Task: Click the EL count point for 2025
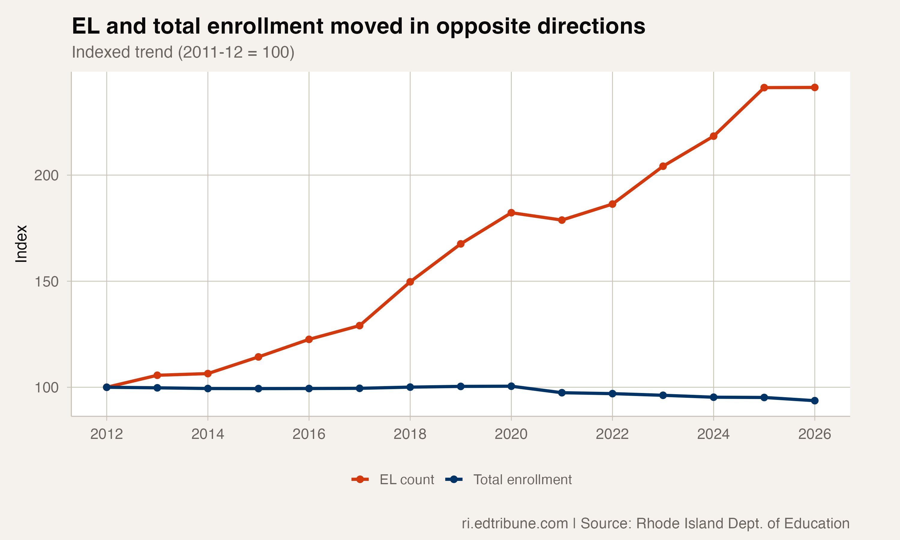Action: (764, 88)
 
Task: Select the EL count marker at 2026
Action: (814, 87)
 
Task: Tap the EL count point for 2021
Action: (562, 220)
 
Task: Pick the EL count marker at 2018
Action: (410, 282)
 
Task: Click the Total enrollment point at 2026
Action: (814, 400)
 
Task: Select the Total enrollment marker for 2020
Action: (511, 386)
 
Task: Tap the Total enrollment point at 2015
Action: (258, 388)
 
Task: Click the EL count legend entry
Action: (393, 480)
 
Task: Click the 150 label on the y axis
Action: (46, 282)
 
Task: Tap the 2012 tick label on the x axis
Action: (106, 434)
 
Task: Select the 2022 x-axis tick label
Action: (612, 434)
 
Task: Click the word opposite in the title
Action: (483, 27)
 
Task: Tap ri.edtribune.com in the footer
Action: (515, 523)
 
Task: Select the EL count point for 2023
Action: (663, 166)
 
